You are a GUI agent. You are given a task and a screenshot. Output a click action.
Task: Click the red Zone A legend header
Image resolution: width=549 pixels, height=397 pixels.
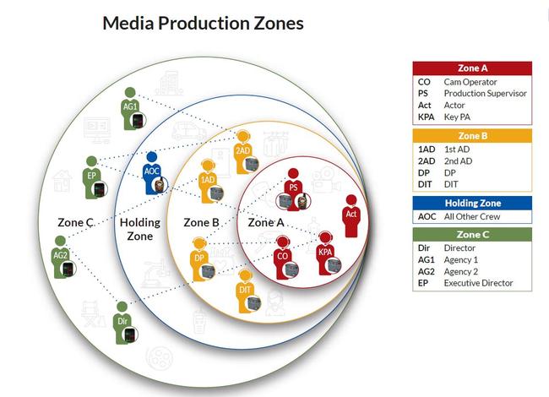pos(472,68)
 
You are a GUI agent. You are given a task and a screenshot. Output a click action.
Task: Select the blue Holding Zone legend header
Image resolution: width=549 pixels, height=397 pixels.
pos(472,203)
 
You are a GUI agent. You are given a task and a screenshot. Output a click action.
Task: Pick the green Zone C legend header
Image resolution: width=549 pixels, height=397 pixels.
pos(472,234)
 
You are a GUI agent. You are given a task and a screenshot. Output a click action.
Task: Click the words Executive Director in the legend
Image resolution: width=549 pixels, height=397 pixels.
pos(478,283)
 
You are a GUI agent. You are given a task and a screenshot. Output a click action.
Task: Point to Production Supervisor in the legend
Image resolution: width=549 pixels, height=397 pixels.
pos(485,93)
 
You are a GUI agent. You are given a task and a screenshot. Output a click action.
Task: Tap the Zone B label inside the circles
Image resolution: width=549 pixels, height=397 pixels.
pos(201,222)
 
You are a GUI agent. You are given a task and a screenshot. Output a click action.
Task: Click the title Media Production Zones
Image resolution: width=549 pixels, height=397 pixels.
pos(203,23)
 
